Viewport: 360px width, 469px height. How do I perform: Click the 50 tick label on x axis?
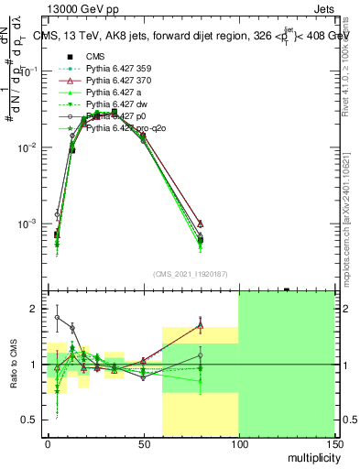click(x=143, y=443)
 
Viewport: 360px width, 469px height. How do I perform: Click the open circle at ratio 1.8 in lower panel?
click(x=57, y=318)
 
